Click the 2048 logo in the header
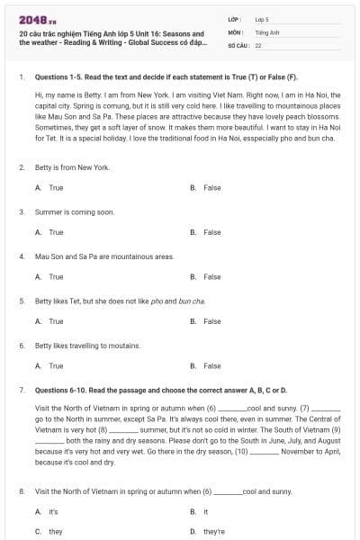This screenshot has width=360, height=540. tap(33, 19)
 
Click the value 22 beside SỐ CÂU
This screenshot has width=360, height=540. tap(258, 44)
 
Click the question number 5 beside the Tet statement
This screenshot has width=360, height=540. tap(22, 301)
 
